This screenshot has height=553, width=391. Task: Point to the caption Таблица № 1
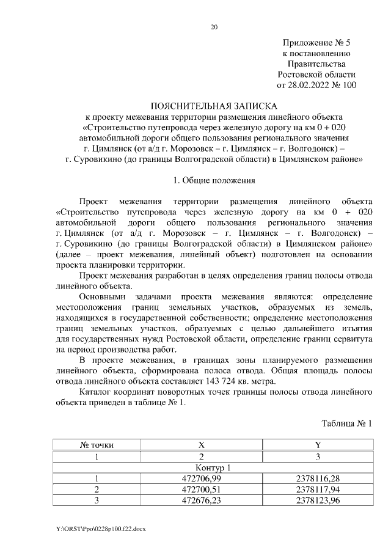(346, 423)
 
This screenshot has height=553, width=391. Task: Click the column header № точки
(97, 445)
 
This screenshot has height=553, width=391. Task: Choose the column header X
(201, 445)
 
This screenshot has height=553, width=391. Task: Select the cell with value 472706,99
(201, 478)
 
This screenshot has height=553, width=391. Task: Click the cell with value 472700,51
(201, 489)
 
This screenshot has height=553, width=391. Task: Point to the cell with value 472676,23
(201, 500)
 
